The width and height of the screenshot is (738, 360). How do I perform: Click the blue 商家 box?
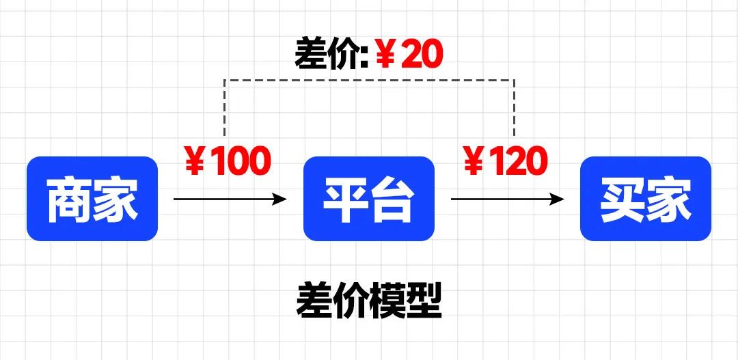92,199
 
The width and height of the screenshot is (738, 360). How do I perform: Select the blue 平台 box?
369,199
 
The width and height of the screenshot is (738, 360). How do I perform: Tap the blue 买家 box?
645,199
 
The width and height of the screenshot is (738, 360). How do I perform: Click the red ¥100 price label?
228,161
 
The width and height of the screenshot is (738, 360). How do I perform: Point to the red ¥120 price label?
506,161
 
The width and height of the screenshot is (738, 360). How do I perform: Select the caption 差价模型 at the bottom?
369,301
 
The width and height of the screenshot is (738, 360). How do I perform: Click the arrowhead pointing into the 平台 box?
280,199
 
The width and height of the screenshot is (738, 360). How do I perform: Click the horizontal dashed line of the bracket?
369,80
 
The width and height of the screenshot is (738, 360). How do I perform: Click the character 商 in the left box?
70,199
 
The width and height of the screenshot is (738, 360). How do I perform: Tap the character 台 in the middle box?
392,199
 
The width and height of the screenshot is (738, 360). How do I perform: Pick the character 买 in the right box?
623,199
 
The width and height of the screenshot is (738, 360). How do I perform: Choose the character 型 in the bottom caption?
423,301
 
